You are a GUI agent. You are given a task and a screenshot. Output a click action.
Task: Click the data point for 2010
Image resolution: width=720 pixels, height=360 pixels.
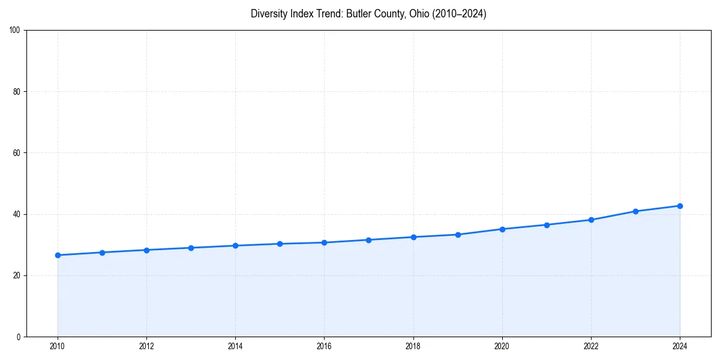click(58, 255)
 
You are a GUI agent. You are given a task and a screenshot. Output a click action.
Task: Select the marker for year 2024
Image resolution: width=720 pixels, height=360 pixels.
click(680, 206)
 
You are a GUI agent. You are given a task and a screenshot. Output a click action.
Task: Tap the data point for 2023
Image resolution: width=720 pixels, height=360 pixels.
click(635, 211)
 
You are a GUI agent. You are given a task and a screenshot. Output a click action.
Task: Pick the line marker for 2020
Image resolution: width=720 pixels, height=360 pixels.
click(502, 229)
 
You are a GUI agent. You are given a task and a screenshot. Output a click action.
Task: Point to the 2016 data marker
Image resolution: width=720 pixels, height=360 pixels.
click(324, 242)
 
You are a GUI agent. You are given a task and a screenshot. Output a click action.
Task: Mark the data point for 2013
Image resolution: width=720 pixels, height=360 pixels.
click(191, 248)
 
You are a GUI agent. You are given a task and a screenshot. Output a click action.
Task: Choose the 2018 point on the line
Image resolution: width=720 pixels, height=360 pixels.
click(413, 237)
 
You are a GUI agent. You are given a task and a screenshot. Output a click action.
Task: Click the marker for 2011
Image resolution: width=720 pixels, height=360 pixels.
click(102, 253)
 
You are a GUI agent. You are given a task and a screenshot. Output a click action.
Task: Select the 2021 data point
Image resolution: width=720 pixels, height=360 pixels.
click(547, 225)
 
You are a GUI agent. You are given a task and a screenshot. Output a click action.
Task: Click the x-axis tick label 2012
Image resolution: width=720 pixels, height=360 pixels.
click(146, 346)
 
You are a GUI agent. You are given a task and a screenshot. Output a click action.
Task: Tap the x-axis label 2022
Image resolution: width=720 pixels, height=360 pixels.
click(591, 346)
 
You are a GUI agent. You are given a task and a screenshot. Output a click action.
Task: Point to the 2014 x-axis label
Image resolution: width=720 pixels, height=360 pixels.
click(235, 346)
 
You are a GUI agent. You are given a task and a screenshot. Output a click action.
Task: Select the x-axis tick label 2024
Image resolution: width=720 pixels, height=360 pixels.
click(680, 346)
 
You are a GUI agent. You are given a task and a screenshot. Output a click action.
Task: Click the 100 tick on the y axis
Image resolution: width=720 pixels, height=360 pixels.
click(15, 31)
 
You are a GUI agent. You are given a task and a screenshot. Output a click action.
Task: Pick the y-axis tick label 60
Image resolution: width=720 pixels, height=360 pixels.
click(17, 153)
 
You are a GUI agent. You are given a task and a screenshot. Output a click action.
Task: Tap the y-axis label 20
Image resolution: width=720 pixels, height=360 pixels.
click(17, 275)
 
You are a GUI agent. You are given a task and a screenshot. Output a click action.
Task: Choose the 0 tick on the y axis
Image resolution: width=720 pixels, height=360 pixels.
click(19, 337)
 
